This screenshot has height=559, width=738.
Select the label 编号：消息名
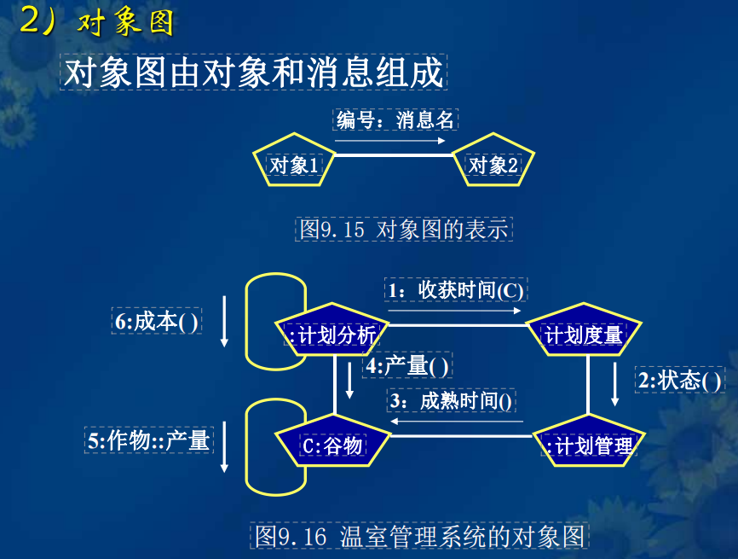click(x=395, y=119)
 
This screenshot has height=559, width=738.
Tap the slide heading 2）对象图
click(x=96, y=21)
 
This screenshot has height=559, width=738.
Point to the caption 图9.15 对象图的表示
click(x=404, y=230)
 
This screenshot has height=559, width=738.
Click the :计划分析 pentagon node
click(x=332, y=330)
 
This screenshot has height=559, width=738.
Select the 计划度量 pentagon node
click(x=584, y=330)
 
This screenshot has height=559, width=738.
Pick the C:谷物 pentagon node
click(x=332, y=441)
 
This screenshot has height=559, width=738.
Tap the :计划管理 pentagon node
click(x=589, y=441)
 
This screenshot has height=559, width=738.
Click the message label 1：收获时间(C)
click(x=456, y=289)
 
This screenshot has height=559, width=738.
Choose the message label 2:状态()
click(x=680, y=380)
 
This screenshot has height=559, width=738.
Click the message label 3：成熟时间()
click(x=451, y=400)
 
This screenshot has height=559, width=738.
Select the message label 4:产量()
click(x=407, y=365)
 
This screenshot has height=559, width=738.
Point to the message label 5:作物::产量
click(x=149, y=440)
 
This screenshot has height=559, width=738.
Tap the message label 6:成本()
click(x=156, y=321)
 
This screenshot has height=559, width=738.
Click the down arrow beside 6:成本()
click(x=224, y=322)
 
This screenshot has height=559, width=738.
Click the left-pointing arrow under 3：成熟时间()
click(x=457, y=422)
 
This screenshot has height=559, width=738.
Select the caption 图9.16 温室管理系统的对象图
click(x=419, y=536)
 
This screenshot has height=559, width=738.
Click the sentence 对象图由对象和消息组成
click(x=254, y=72)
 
